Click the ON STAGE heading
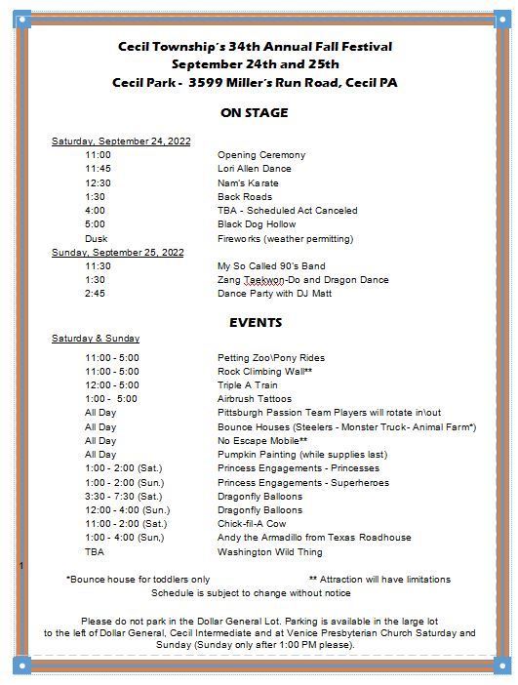[x=255, y=113]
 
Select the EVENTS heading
[x=255, y=322]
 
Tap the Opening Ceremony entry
[x=260, y=155]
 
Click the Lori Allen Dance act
[x=254, y=169]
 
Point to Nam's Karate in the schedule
[x=248, y=183]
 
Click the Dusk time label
[x=96, y=239]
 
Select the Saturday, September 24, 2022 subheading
[x=121, y=141]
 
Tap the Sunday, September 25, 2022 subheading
[x=117, y=253]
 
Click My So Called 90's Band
[x=271, y=266]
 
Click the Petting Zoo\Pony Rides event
[x=271, y=358]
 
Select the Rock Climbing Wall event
[x=264, y=372]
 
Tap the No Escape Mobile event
[x=260, y=441]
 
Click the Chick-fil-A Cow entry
[x=253, y=524]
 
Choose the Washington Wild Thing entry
[x=269, y=552]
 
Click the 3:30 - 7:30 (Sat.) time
[x=123, y=497]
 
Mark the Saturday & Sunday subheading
[x=96, y=339]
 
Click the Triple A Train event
[x=249, y=385]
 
